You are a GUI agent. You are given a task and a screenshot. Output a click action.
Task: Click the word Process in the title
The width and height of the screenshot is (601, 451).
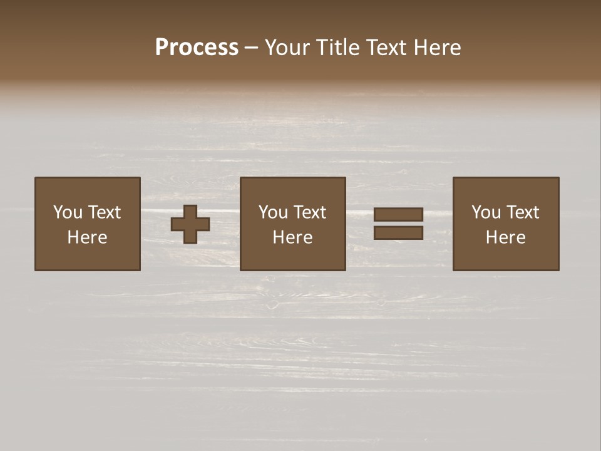[x=197, y=48]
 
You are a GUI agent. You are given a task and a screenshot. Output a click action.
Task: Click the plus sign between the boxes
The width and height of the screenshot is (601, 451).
[x=190, y=224]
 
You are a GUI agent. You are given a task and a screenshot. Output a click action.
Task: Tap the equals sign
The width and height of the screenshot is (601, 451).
[x=398, y=224]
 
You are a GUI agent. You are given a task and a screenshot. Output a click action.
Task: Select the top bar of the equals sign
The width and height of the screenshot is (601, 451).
[x=398, y=215]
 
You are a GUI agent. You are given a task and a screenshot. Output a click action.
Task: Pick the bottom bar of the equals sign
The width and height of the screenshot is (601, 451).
[x=398, y=232]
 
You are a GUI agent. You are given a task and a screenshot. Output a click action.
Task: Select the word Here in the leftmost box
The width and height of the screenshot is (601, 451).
[x=87, y=237]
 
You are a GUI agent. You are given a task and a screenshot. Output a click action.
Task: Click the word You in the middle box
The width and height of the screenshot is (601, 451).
[x=273, y=212]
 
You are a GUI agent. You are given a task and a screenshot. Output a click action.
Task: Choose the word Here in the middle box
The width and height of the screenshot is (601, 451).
[x=292, y=237]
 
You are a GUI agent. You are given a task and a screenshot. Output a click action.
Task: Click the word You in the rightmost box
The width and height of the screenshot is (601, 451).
[x=486, y=212]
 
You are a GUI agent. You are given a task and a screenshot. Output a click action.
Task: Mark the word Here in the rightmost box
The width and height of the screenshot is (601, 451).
[x=505, y=237]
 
